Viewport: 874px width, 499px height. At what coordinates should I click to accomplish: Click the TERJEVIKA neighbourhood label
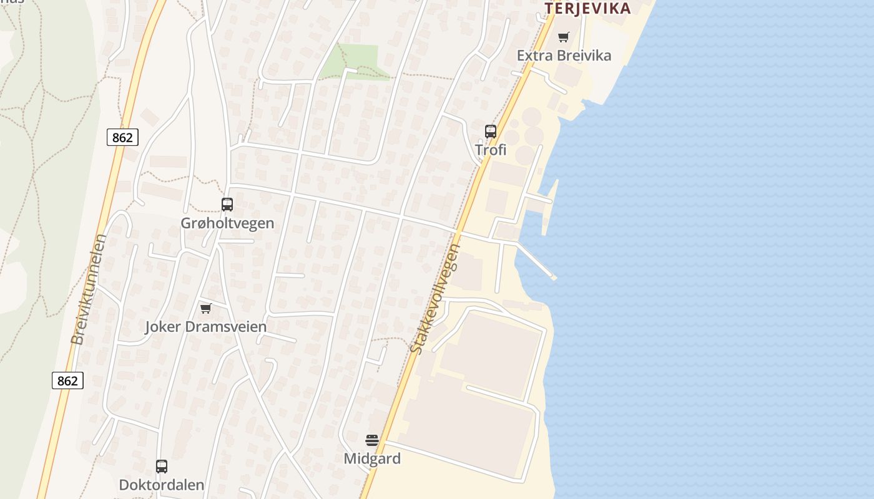click(587, 8)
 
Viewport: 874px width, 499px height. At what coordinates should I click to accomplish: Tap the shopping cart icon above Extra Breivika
click(564, 37)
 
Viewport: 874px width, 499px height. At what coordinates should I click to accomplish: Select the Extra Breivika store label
click(564, 56)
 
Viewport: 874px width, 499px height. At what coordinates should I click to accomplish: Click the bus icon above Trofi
click(491, 132)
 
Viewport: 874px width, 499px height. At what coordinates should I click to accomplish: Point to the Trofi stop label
click(491, 150)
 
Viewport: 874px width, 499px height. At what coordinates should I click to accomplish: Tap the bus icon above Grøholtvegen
click(227, 204)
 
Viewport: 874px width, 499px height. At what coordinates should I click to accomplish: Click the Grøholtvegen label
click(227, 223)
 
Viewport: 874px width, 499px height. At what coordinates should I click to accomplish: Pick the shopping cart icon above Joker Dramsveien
click(205, 308)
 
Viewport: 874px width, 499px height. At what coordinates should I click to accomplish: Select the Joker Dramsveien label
click(205, 326)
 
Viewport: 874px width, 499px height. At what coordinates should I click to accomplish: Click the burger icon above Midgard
click(372, 440)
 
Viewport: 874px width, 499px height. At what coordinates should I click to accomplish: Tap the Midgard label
click(372, 458)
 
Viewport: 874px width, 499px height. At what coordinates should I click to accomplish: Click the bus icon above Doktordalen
click(162, 466)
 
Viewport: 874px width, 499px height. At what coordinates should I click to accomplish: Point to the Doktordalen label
click(162, 485)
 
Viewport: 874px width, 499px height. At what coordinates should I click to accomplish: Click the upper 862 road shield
click(122, 137)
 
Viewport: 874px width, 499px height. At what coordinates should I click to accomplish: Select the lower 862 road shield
click(67, 380)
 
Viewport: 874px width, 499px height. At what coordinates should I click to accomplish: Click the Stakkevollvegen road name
click(436, 299)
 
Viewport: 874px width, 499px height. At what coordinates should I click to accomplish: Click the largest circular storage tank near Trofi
click(531, 117)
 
